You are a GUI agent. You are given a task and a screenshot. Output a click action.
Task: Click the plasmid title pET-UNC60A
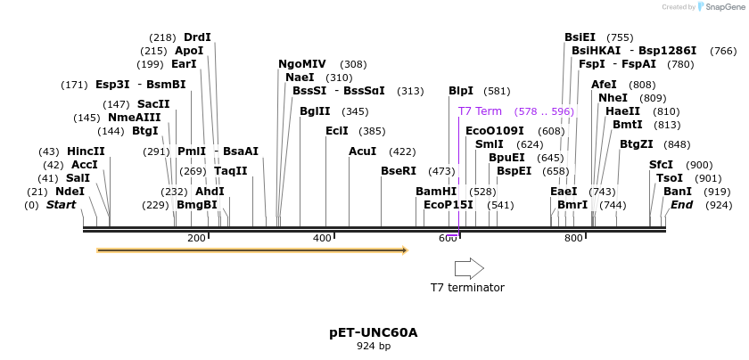point(373,332)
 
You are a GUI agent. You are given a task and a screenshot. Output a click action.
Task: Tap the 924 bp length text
point(373,346)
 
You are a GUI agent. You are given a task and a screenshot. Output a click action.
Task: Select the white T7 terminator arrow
point(468,268)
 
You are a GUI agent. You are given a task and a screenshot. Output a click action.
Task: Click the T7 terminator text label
point(467,287)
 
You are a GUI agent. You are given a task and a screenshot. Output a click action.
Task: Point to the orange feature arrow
point(251,250)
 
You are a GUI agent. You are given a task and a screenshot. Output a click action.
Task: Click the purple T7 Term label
point(480,111)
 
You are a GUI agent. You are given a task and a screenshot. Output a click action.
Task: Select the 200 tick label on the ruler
point(196,238)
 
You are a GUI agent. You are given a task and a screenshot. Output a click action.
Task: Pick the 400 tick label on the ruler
point(322,238)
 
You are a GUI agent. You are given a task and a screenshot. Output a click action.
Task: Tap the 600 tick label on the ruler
point(448,238)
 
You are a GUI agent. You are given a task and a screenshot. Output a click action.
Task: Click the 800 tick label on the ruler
point(573,238)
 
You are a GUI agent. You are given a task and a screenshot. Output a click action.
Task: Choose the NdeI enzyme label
point(70,192)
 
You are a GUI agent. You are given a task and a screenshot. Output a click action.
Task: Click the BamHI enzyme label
point(436,192)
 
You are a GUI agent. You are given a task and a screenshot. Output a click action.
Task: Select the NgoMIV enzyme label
point(302,64)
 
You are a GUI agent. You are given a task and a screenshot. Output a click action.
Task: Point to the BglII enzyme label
point(315,111)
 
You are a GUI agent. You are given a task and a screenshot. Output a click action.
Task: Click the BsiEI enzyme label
point(580,37)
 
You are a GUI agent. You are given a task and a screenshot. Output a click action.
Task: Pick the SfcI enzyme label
point(661,165)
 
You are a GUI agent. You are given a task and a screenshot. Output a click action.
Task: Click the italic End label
point(681,205)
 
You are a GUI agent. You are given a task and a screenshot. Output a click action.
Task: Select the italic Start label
point(61,205)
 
